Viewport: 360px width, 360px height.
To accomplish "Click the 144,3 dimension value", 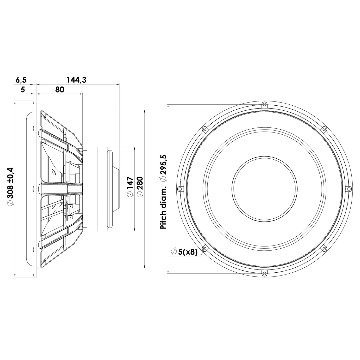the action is click(76, 80).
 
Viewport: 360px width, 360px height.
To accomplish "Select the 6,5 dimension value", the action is click(21, 80).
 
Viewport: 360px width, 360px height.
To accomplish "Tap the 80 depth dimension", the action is click(59, 89).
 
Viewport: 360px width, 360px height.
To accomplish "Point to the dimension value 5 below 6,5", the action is click(23, 89).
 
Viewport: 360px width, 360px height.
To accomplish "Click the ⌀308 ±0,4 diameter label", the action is click(10, 187).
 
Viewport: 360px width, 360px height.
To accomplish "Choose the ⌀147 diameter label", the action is click(130, 187).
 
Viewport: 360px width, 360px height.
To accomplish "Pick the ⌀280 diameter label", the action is click(140, 187).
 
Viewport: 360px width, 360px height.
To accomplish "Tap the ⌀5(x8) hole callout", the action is click(184, 252).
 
